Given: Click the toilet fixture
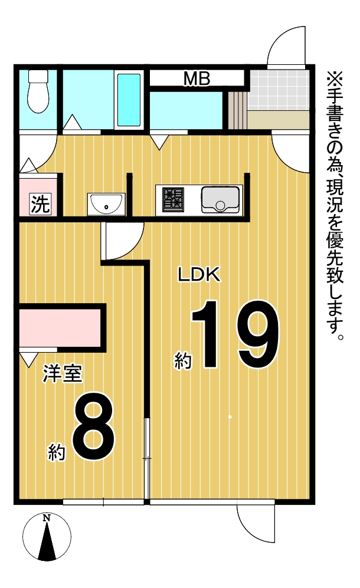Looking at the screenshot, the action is tap(38, 91).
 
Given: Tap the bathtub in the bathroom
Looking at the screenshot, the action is tap(129, 100).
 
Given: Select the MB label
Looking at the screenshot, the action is tap(197, 79).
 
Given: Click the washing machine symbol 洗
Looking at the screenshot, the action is tap(40, 204).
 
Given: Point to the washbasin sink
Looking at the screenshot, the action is tap(106, 205).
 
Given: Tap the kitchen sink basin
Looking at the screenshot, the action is tap(220, 199).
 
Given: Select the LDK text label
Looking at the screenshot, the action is tap(198, 275).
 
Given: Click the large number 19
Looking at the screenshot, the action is tap(235, 334).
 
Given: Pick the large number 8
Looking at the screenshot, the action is tap(93, 427).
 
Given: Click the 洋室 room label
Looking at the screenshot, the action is tap(63, 373).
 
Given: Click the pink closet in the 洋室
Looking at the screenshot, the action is tap(60, 328).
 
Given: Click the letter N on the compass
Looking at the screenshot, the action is tap(47, 518).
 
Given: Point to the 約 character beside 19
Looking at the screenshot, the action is tap(183, 360).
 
